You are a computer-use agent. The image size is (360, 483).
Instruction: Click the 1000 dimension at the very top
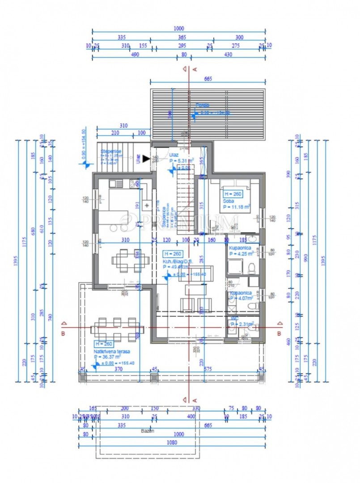pos(178,28)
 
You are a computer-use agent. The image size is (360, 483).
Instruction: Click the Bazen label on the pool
pos(149,431)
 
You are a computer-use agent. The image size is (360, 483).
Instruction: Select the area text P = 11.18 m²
pos(237,207)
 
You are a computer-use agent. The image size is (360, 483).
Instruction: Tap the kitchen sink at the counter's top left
pos(114,183)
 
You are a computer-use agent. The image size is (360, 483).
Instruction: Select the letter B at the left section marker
pos(64,334)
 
